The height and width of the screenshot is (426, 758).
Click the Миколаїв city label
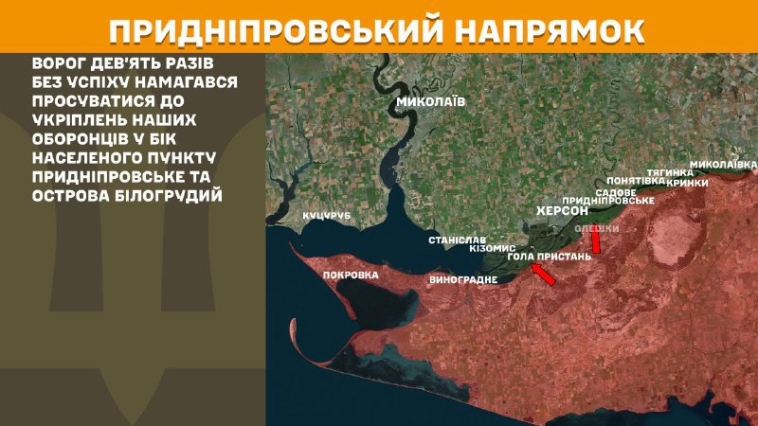[430, 101]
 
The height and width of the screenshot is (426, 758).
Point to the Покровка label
[351, 275]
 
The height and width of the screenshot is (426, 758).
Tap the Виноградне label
[463, 280]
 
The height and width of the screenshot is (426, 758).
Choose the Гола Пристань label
[550, 256]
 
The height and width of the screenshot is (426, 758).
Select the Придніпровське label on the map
[608, 201]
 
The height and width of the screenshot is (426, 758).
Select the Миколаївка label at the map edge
[724, 164]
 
